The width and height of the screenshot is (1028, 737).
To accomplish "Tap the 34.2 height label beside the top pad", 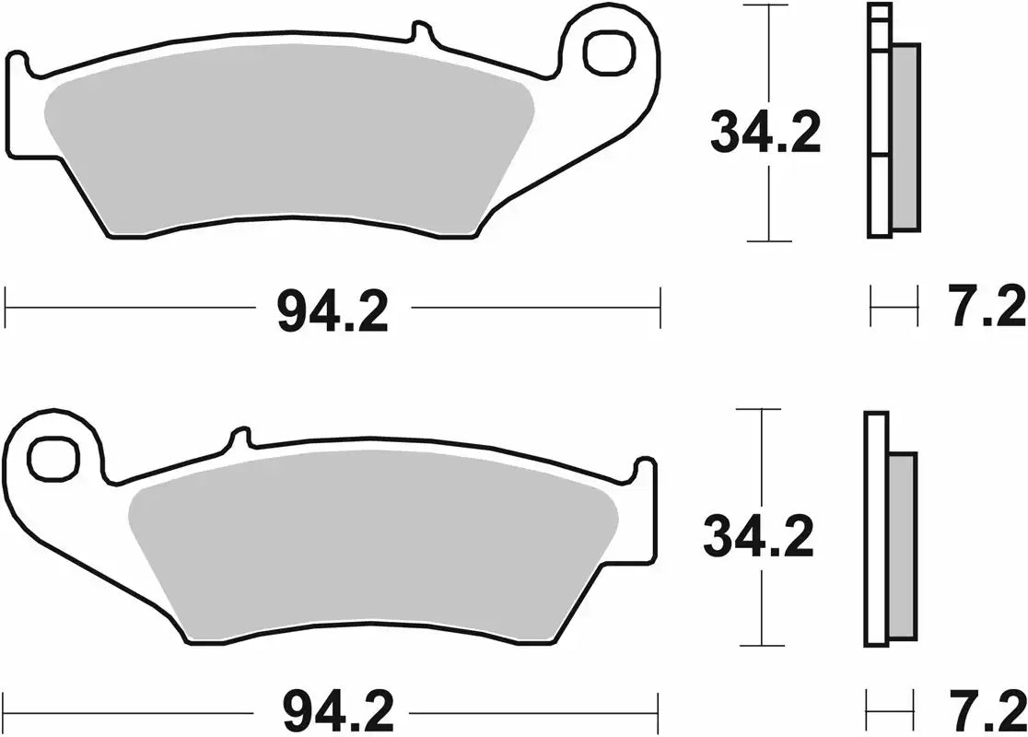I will point(765,135).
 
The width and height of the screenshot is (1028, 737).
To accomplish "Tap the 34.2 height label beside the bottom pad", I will point(758,538).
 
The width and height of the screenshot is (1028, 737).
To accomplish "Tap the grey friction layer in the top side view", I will point(905,138).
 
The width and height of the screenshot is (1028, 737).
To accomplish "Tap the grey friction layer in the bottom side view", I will point(903,545).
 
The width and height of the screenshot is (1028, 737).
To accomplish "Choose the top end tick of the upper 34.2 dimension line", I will point(768,6).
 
